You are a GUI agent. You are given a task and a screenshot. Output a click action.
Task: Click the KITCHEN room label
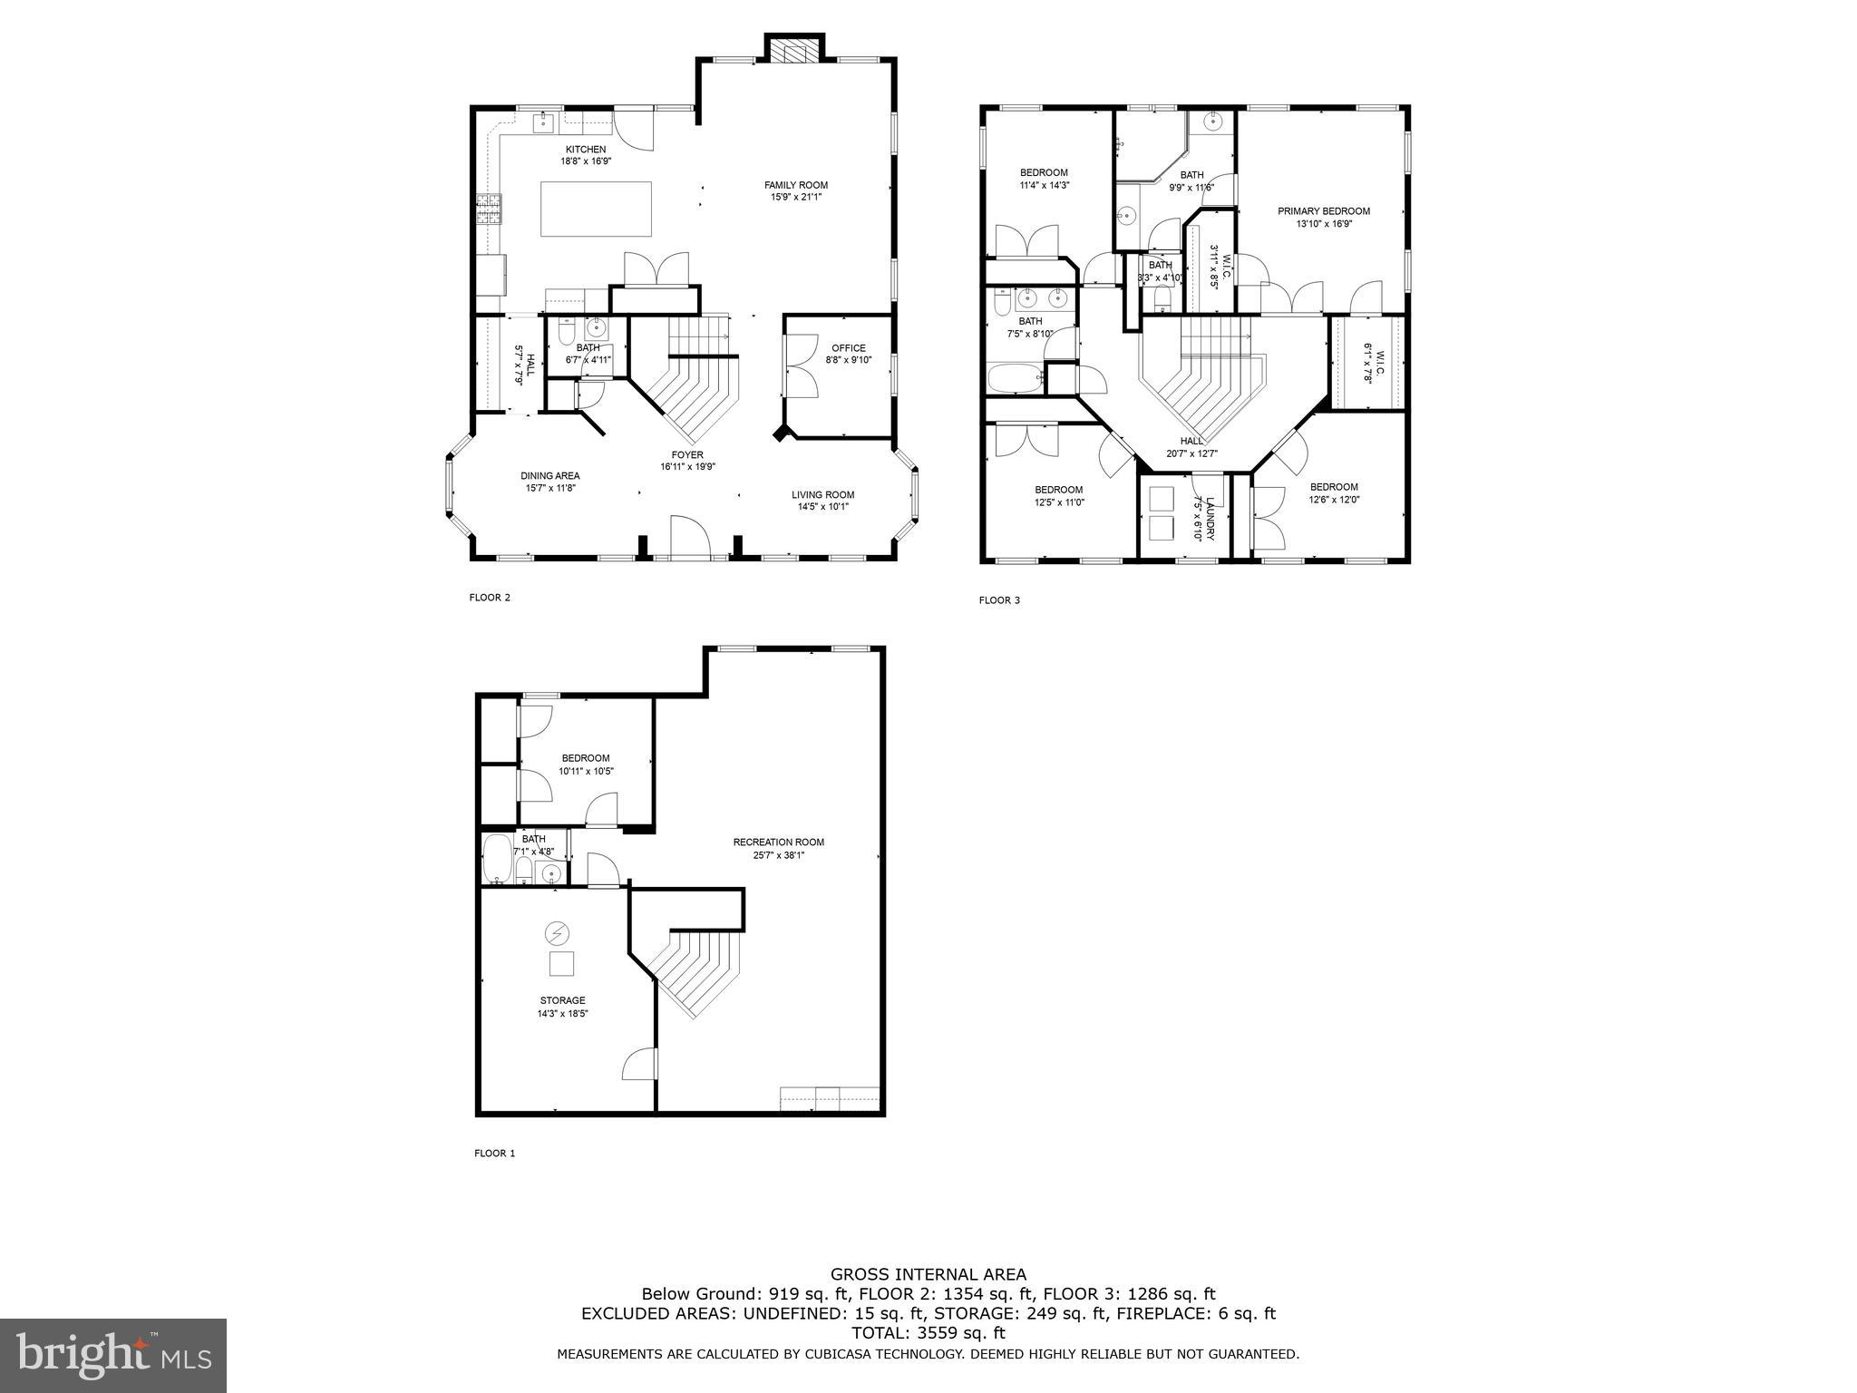pos(586,150)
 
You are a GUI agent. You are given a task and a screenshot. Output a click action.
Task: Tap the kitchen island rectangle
pos(596,209)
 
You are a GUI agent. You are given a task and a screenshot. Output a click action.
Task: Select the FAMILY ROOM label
pos(795,185)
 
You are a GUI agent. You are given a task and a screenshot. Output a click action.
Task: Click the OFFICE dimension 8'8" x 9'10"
pos(848,360)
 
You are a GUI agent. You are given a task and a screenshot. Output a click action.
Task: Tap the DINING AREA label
pos(549,475)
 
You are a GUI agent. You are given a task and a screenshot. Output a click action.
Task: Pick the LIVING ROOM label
pos(822,494)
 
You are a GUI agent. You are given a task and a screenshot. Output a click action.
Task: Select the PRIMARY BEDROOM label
pos(1323,211)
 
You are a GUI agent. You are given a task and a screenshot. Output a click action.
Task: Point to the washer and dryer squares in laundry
pos(1160,514)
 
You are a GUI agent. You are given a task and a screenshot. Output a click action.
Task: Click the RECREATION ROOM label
pos(778,842)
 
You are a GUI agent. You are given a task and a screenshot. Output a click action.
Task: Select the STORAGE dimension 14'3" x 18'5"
pos(562,1014)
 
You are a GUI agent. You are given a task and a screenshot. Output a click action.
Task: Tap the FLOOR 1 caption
pos(494,1154)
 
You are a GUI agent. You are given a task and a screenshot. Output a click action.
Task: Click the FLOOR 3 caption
pos(999,600)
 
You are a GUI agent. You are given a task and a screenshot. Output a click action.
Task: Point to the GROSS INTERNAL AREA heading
pos(928,1274)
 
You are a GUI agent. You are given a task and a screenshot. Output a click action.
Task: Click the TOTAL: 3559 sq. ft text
pos(928,1333)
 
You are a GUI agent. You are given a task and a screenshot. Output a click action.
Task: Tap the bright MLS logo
pos(113,1356)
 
